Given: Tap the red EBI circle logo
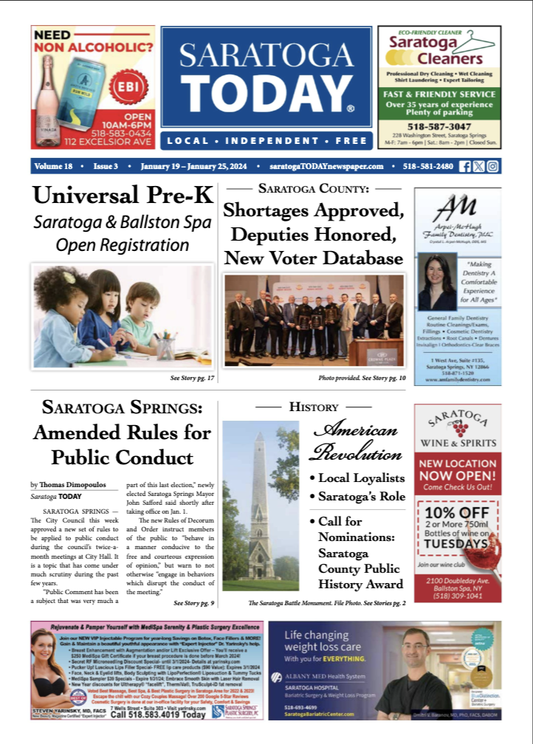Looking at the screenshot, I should (125, 87).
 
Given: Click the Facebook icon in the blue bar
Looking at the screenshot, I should (465, 166).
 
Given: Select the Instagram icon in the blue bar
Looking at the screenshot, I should (492, 166).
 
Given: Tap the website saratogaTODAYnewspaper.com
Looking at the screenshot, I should (332, 166).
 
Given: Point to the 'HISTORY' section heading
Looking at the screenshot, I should (314, 407).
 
